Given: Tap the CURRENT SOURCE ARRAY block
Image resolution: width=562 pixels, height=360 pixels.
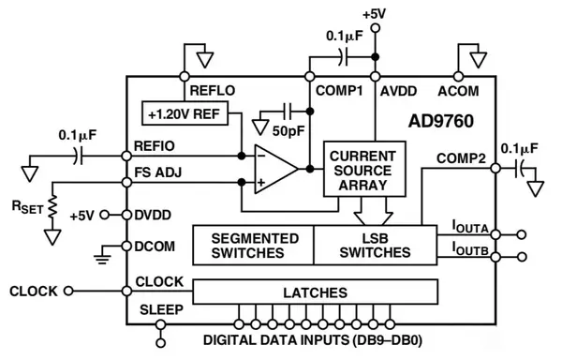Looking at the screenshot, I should pyautogui.click(x=364, y=169).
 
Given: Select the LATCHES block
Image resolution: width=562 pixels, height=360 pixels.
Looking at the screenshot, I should pyautogui.click(x=315, y=292).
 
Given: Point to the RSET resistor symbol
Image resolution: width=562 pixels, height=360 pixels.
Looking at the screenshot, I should pyautogui.click(x=54, y=204).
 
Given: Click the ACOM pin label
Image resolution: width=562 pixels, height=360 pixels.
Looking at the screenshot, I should pyautogui.click(x=458, y=91).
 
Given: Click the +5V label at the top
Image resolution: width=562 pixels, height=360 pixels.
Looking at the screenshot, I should pyautogui.click(x=375, y=14).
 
